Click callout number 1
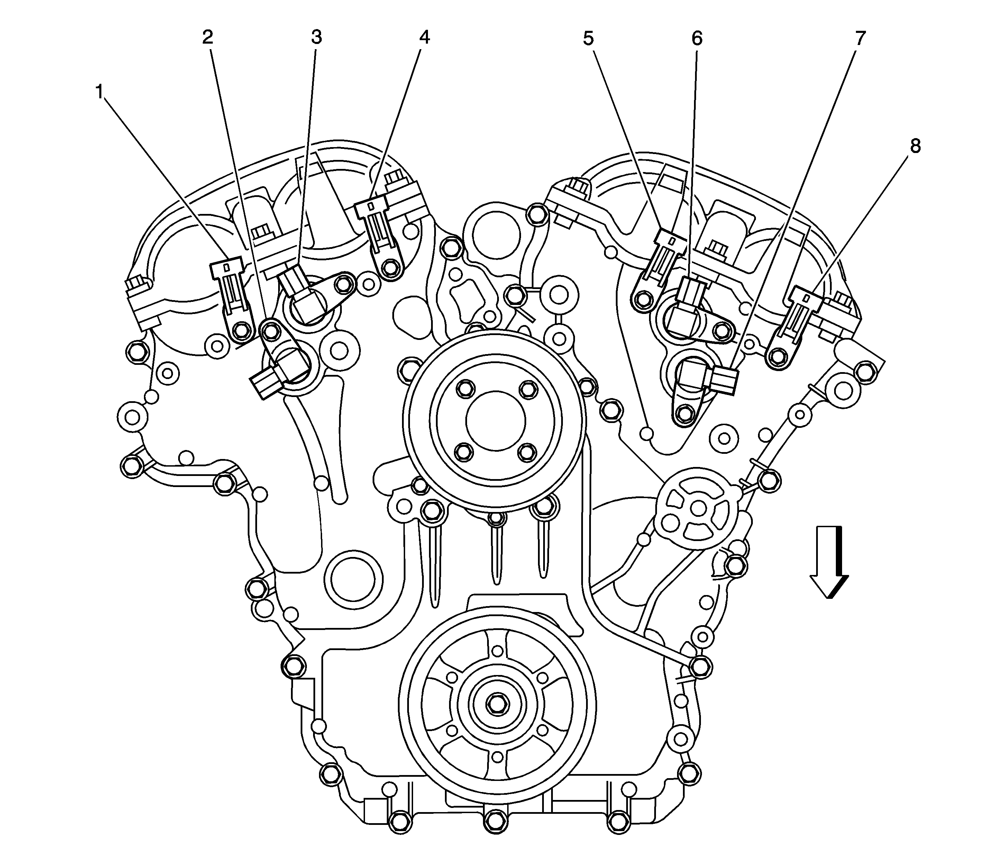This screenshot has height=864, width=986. (99, 91)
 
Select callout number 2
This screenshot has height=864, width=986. (207, 37)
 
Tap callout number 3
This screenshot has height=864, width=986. (316, 37)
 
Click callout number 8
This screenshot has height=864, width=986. (914, 146)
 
